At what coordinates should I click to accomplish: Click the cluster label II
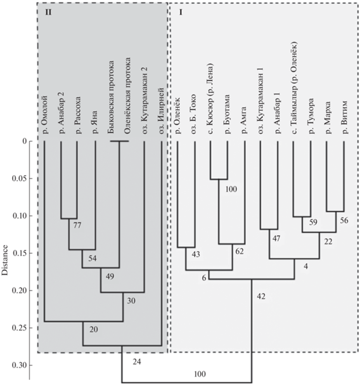(x=48, y=12)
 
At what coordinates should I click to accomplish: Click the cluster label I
(x=181, y=12)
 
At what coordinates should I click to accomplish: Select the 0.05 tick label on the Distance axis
(x=18, y=178)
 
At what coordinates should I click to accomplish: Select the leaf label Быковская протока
(x=111, y=97)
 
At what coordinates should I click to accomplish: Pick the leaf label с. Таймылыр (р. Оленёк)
(x=294, y=88)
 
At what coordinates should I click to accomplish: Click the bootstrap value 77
(x=77, y=225)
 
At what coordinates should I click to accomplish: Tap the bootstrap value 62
(x=240, y=251)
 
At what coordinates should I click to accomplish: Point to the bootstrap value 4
(x=305, y=266)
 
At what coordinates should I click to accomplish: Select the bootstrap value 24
(x=137, y=362)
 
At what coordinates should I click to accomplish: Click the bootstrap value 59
(x=313, y=222)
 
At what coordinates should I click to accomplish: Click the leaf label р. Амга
(x=243, y=120)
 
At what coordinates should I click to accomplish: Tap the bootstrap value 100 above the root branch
(x=200, y=374)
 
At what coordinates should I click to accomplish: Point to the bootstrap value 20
(x=94, y=329)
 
